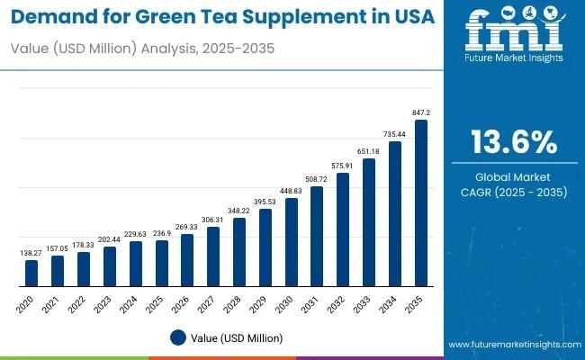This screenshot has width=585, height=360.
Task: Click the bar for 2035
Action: click(420, 203)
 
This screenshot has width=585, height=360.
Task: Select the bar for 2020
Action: click(31, 273)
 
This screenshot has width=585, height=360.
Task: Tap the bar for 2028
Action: click(238, 252)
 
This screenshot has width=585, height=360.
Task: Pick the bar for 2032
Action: click(342, 229)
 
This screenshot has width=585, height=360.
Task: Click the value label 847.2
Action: click(420, 112)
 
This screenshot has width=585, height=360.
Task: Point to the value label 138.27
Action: click(31, 253)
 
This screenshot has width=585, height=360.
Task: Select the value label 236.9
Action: click(161, 233)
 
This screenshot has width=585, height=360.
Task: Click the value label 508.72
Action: click(317, 179)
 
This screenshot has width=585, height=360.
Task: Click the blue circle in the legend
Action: click(178, 337)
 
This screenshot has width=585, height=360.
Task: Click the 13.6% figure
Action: click(514, 141)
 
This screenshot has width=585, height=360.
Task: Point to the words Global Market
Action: click(514, 176)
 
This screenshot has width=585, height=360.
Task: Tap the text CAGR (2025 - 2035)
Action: click(514, 192)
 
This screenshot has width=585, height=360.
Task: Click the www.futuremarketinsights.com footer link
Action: click(512, 345)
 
